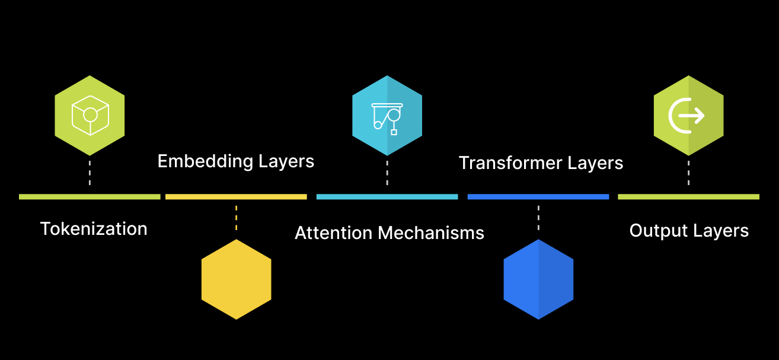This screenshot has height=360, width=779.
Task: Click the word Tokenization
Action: tap(94, 229)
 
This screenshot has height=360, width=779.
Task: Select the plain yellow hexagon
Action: tap(236, 279)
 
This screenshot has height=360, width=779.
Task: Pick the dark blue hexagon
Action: tap(538, 279)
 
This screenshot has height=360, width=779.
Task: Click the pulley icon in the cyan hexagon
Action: tap(387, 116)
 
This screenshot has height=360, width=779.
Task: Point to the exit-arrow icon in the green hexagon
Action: tap(687, 115)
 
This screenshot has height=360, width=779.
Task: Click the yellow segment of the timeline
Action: tap(236, 196)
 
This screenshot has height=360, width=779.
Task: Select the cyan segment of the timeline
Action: tap(387, 196)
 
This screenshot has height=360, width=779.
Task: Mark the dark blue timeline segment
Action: tap(538, 196)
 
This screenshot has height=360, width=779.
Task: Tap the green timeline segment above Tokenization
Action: tap(90, 196)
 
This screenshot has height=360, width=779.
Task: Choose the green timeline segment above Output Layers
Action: tap(688, 196)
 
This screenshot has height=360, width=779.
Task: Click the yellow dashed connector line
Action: tap(236, 218)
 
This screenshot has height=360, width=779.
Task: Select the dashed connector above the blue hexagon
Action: tap(538, 218)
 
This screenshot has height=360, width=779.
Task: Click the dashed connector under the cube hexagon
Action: tap(90, 172)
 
